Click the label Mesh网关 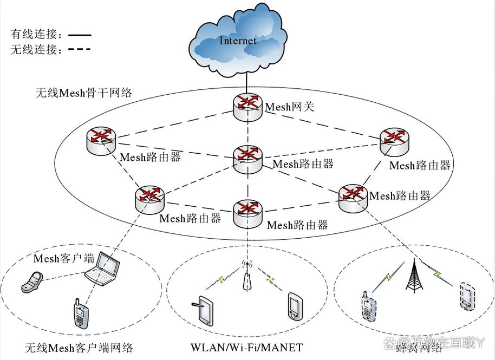289,107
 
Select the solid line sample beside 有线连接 79,34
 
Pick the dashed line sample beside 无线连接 79,49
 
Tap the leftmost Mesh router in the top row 101,140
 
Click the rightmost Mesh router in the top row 394,140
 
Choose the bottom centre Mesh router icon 248,212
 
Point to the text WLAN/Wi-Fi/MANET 246,347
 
